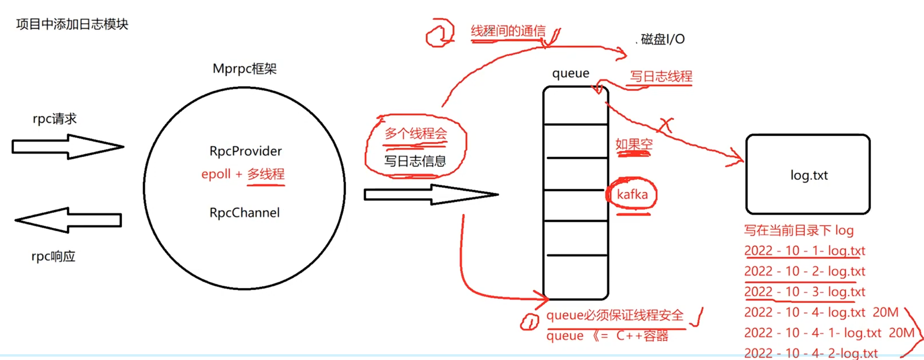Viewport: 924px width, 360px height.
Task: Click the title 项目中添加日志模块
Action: pos(72,24)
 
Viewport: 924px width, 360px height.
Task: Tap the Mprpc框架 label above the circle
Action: pos(245,69)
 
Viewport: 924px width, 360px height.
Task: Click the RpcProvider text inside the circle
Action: pos(245,151)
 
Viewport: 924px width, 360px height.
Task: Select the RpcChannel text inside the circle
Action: pos(245,213)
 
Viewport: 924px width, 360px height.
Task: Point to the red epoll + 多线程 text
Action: pos(243,174)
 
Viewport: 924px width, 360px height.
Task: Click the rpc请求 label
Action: pos(55,119)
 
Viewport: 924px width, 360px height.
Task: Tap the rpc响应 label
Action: pos(54,256)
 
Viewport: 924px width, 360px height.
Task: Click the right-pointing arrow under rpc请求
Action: pos(68,146)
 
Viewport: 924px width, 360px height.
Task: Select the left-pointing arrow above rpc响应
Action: pos(68,220)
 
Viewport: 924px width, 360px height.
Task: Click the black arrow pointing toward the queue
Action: pos(430,195)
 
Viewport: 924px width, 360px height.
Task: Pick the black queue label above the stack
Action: pos(571,73)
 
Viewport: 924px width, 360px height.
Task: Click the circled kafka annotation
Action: pos(632,194)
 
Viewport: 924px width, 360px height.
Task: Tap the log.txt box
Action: pos(808,174)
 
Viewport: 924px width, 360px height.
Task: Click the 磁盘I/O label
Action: pos(663,39)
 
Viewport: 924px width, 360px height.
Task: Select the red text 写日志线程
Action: pos(661,76)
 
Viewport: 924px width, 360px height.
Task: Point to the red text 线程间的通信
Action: pos(508,31)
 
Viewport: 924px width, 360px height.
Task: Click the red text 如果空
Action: pos(634,144)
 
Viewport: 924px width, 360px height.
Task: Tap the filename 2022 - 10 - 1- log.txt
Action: pos(805,251)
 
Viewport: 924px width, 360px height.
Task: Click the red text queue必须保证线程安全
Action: pos(615,316)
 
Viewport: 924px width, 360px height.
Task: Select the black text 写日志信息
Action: pos(415,161)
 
